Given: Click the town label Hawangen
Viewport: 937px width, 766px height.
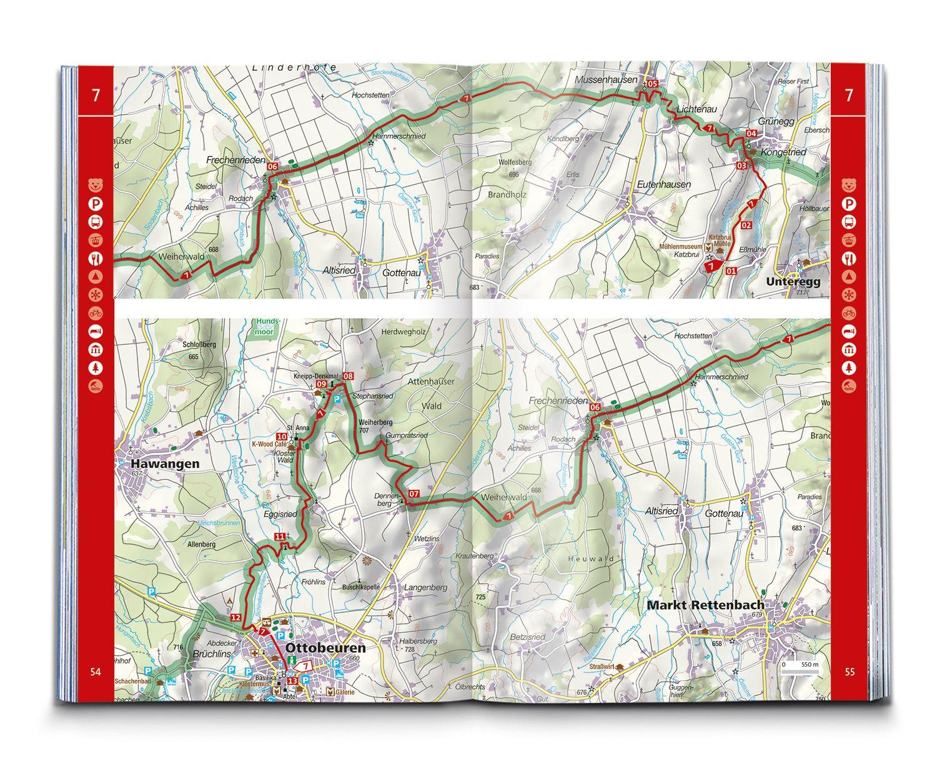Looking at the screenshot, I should point(165,464).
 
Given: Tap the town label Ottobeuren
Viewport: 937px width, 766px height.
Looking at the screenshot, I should point(325,648).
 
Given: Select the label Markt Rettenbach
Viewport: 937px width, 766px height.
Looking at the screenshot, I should point(705,605).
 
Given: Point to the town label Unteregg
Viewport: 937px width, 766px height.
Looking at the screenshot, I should point(793,281).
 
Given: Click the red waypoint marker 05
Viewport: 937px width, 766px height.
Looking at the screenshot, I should point(653,84).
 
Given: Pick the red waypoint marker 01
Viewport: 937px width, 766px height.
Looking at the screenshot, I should point(731,271).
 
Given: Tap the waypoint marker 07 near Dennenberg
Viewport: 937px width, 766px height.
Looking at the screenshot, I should point(414,494).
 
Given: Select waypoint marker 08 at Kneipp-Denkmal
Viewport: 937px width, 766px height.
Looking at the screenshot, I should point(348,376).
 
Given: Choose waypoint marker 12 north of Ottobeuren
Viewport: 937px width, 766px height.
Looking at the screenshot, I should point(235,617).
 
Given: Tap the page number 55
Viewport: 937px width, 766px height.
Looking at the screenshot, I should point(849,672).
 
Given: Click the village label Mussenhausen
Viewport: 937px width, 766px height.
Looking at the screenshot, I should point(606,79).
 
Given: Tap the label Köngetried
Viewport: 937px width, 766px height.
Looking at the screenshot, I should point(784,152).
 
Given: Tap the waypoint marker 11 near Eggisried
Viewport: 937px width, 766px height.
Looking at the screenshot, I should point(280,537).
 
